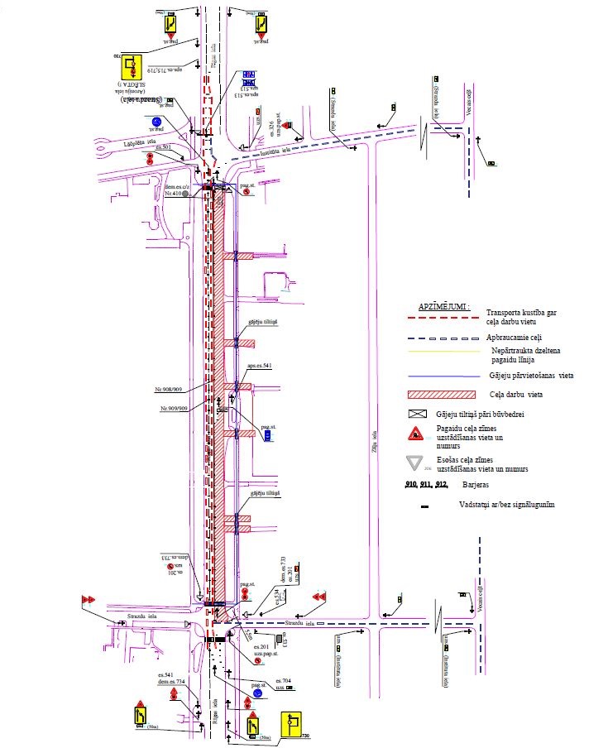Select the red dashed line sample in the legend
click(443, 317)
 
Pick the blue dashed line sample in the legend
click(443, 338)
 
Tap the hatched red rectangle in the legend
click(443, 396)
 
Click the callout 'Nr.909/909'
click(175, 410)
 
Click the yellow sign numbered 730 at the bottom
click(292, 726)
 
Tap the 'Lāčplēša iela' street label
click(117, 141)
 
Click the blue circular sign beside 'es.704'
click(257, 692)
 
